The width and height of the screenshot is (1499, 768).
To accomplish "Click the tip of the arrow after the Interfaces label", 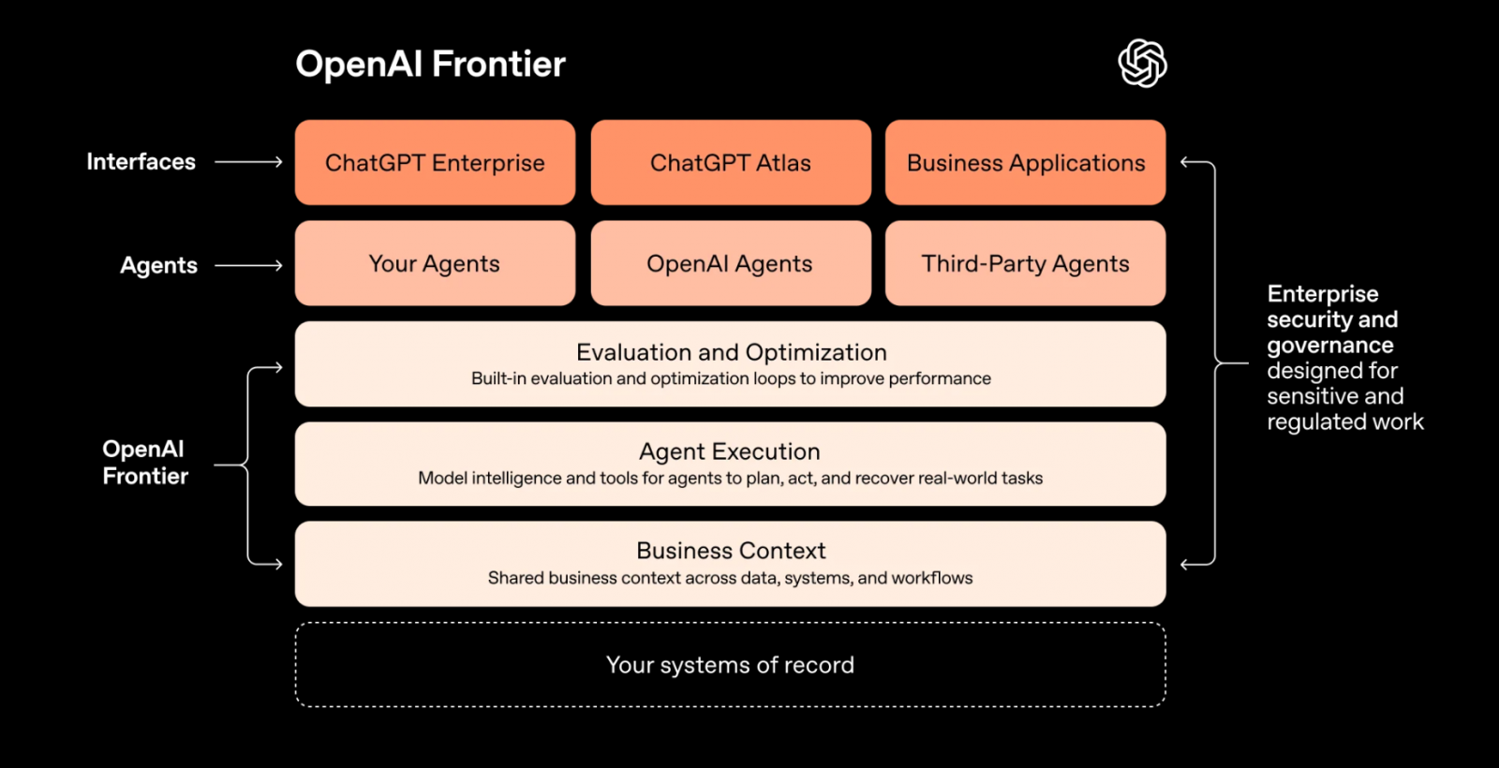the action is (282, 162).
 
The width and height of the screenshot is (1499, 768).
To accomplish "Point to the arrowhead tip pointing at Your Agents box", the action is (282, 266).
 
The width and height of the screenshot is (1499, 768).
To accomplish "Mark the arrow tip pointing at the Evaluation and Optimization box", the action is (282, 367).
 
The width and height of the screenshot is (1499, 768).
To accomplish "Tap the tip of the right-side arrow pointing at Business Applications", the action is (1180, 162).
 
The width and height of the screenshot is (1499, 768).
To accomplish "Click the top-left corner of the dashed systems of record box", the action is (296, 624).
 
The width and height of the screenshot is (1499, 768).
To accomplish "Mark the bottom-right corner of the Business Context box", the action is (1165, 606).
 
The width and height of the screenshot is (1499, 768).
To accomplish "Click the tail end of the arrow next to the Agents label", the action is (215, 266).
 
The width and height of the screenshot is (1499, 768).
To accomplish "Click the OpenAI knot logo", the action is (1142, 64).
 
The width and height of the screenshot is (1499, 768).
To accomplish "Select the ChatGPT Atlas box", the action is (731, 163).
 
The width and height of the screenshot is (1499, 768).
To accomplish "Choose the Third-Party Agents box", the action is (1025, 263).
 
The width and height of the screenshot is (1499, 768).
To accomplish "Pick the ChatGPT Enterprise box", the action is (435, 163).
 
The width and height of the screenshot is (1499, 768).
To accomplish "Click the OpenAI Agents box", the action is (731, 263).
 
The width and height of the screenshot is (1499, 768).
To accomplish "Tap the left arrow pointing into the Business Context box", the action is (264, 564).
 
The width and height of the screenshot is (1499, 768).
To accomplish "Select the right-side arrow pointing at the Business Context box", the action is (1198, 564).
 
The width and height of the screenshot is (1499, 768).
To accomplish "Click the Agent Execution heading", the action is (730, 451).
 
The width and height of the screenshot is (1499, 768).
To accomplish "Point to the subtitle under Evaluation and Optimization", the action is (731, 378).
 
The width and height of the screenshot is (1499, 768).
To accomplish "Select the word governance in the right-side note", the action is (1330, 346).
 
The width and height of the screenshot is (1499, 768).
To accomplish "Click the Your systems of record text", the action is (730, 665).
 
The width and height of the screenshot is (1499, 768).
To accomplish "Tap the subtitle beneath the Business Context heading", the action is (730, 578).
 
